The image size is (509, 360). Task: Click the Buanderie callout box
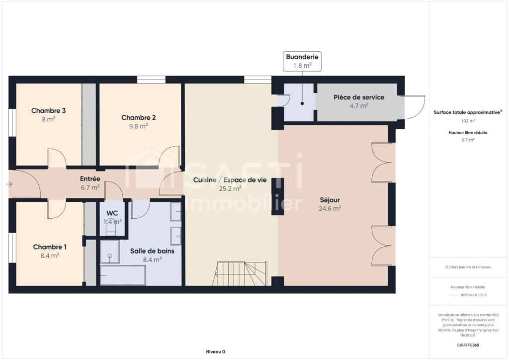302,61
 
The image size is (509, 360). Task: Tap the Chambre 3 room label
48,111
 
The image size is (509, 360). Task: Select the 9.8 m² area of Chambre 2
139,126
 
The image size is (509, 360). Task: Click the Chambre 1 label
50,247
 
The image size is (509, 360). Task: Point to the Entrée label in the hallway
90,179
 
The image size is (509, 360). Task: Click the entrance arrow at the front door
9,184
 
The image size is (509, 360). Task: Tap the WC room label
112,213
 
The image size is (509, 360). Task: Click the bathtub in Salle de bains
123,275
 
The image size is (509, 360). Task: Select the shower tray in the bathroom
110,251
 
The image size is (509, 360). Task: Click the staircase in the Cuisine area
240,273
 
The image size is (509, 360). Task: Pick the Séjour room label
330,200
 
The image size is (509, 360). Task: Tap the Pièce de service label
359,97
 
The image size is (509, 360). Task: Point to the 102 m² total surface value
468,121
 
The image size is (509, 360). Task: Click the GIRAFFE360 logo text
468,345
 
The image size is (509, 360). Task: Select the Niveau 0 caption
216,352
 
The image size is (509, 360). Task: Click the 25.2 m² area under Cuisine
230,188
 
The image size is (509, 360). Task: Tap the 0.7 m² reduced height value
468,140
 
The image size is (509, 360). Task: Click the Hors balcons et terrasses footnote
468,267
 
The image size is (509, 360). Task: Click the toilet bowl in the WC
111,229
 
